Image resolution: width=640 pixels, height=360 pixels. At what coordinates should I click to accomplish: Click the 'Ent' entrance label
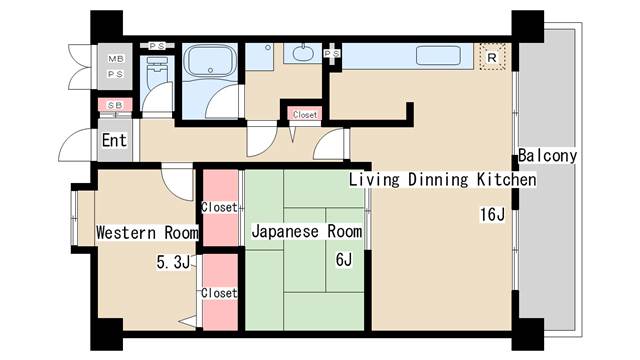click(x=114, y=141)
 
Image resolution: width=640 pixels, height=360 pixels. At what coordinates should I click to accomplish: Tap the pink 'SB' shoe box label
click(x=114, y=105)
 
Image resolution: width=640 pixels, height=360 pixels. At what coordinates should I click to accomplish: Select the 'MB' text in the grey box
click(x=115, y=58)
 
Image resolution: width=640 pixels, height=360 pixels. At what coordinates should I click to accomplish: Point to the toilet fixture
click(x=157, y=73)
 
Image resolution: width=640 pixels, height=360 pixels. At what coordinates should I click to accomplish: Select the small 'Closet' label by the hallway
click(x=305, y=115)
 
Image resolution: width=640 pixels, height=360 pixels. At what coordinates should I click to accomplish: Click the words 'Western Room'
click(x=147, y=232)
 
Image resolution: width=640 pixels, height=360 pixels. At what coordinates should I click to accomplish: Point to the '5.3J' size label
click(x=173, y=263)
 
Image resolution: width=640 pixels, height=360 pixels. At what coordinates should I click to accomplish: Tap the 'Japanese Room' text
click(x=306, y=232)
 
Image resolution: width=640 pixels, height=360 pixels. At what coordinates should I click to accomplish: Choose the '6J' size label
click(x=344, y=259)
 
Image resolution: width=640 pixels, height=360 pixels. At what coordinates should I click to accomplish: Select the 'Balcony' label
click(x=547, y=156)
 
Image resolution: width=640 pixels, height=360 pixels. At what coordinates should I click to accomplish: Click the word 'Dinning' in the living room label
click(x=438, y=180)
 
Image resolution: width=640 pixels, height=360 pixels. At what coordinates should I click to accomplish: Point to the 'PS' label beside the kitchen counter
click(x=332, y=53)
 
